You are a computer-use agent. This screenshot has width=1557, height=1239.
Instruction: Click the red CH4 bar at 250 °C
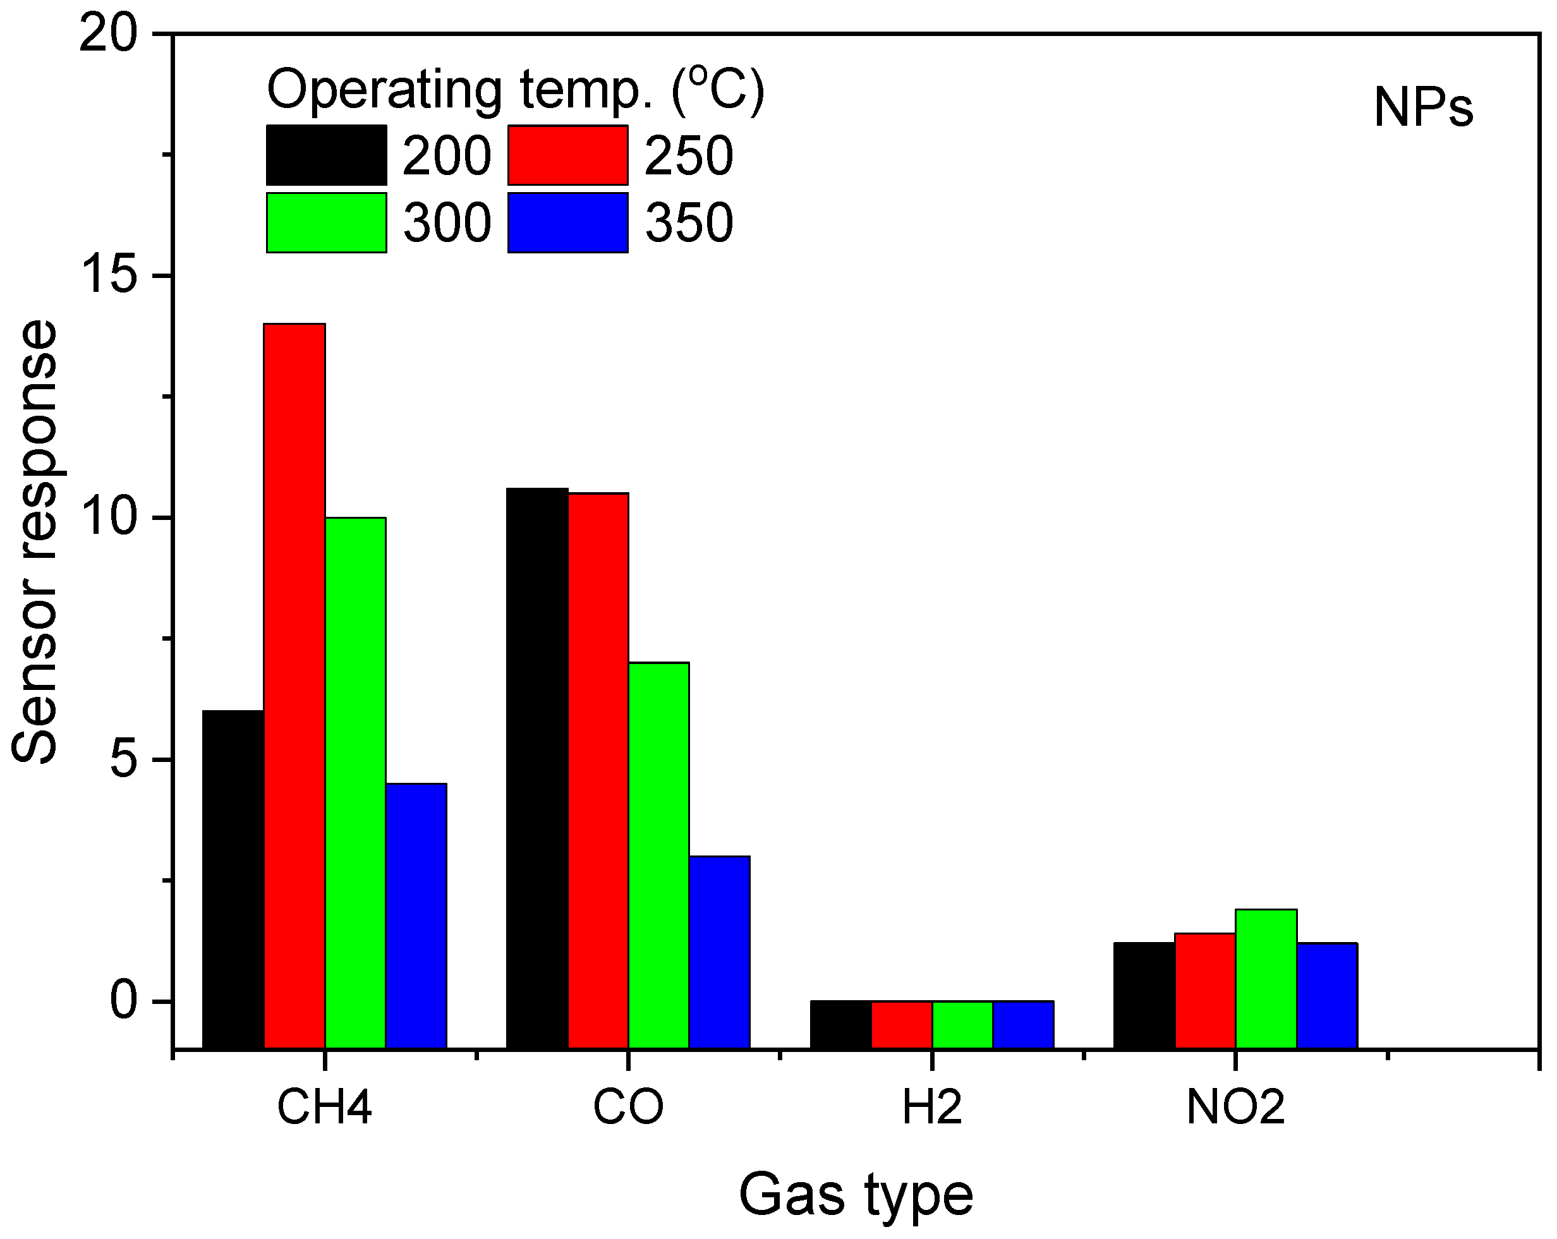point(294,686)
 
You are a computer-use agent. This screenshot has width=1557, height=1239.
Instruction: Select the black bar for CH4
point(233,879)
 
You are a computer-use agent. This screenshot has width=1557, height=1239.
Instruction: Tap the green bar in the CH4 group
point(355,783)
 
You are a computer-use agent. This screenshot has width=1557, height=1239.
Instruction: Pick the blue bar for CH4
point(416,916)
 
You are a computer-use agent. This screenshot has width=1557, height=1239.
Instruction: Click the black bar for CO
point(536,768)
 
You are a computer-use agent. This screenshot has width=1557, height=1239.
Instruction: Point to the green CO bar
point(658,855)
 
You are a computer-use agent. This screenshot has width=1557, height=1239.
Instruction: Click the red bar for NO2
point(1205,991)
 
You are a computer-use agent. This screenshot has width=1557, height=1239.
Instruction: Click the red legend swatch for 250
point(567,155)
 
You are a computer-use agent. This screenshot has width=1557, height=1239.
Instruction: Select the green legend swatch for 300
point(327,222)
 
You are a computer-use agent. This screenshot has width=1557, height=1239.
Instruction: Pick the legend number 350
point(689,222)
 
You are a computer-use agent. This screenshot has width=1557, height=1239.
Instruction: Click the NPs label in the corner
point(1422,108)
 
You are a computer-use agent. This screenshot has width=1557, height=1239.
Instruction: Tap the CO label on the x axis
point(627,1108)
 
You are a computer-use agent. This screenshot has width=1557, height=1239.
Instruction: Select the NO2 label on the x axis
point(1235,1108)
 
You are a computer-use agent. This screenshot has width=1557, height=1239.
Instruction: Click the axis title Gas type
point(856,1195)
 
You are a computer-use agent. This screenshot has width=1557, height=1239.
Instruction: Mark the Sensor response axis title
point(35,541)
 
